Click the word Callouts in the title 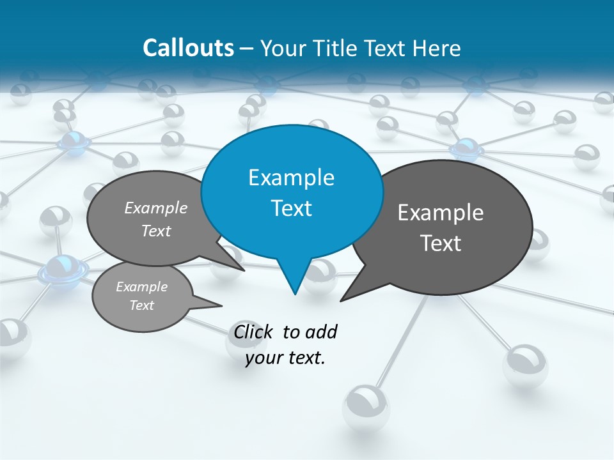(x=189, y=48)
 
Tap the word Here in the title (x=437, y=48)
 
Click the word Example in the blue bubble (x=291, y=178)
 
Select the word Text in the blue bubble (x=291, y=208)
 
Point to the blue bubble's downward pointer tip (x=295, y=294)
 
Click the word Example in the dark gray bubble (x=441, y=213)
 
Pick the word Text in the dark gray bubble (x=441, y=243)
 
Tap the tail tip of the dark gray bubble (x=341, y=300)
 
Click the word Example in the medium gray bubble (x=156, y=208)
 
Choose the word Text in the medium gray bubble (x=156, y=231)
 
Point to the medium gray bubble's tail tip (x=245, y=270)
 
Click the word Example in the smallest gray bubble (x=141, y=287)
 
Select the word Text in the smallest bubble (x=141, y=305)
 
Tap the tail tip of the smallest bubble (x=222, y=305)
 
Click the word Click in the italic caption (x=253, y=332)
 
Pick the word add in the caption (x=321, y=332)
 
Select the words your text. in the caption (x=285, y=358)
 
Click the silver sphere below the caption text (x=366, y=406)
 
